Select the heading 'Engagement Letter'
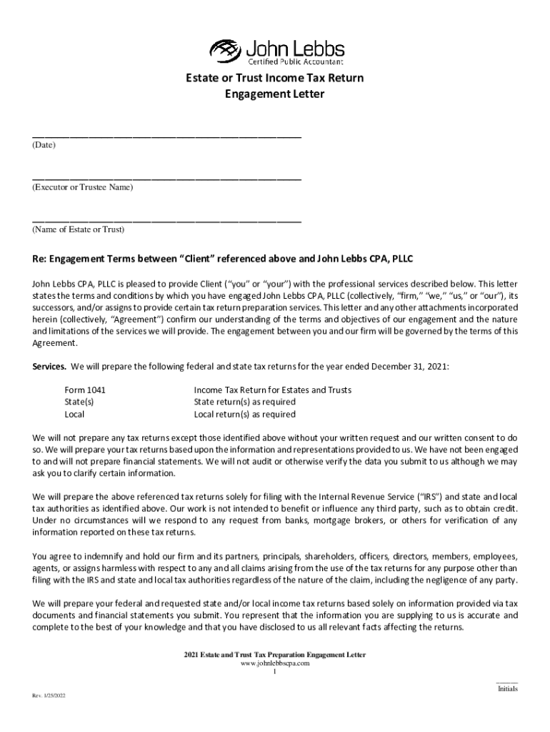coord(275,94)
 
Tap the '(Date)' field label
coord(44,145)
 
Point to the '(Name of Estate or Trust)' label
coord(78,229)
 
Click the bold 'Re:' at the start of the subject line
coord(41,258)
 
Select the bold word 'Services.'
coord(50,366)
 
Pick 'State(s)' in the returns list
coord(79,402)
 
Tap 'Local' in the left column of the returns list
coord(75,414)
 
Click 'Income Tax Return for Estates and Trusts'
coord(272,390)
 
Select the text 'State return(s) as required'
coord(244,402)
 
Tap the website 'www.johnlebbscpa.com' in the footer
coord(274,663)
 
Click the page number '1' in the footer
coord(275,672)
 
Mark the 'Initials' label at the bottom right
coord(507,689)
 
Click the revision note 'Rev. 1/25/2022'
coord(48,696)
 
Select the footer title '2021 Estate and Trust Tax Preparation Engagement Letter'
coord(274,655)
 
